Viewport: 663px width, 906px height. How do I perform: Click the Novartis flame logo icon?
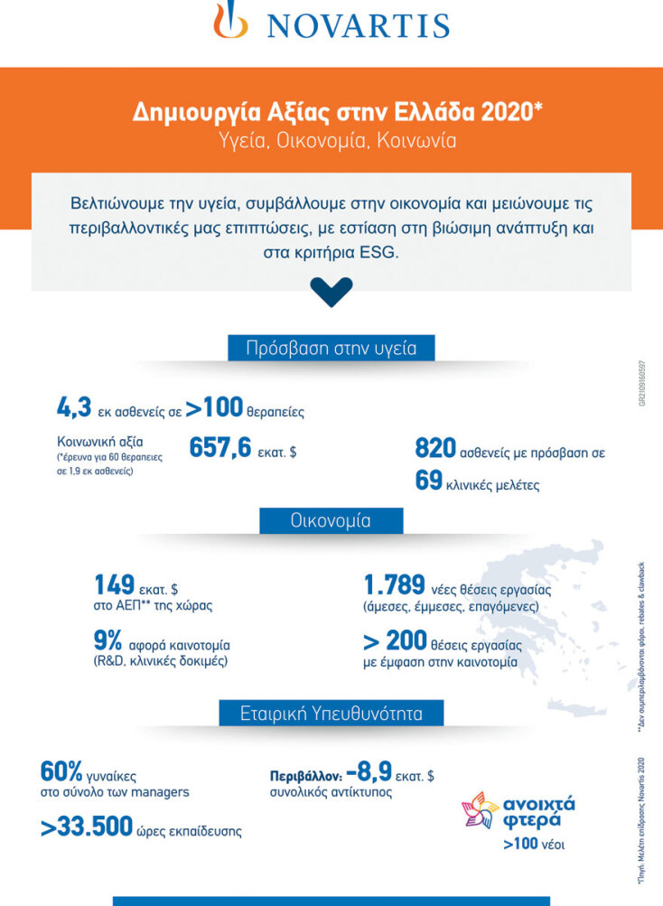point(230,21)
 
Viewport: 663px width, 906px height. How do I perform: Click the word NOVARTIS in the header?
point(358,23)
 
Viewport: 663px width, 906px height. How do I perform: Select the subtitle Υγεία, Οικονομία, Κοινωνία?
point(331,141)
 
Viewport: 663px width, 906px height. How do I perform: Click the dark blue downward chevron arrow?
point(331,291)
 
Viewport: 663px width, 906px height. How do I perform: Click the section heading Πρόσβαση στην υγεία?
point(331,349)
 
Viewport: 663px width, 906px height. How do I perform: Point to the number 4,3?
point(74,408)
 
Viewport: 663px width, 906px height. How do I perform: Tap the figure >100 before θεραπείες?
point(214,408)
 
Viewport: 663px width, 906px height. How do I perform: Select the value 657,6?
point(219,448)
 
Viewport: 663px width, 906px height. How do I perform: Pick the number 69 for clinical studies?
point(428,481)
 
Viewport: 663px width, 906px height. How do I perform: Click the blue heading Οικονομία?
point(331,521)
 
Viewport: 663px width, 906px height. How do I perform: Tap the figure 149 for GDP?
point(114,585)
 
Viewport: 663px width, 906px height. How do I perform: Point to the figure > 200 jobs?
point(394,642)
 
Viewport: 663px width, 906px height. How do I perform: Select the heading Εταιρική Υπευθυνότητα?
point(331,713)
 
